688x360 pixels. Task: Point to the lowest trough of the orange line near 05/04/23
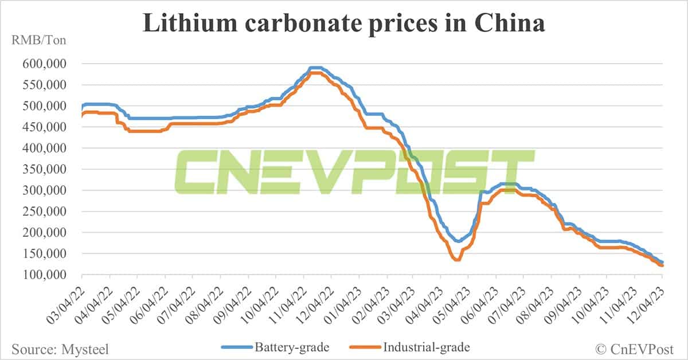click(x=457, y=260)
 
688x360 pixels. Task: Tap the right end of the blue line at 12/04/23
click(x=662, y=263)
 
